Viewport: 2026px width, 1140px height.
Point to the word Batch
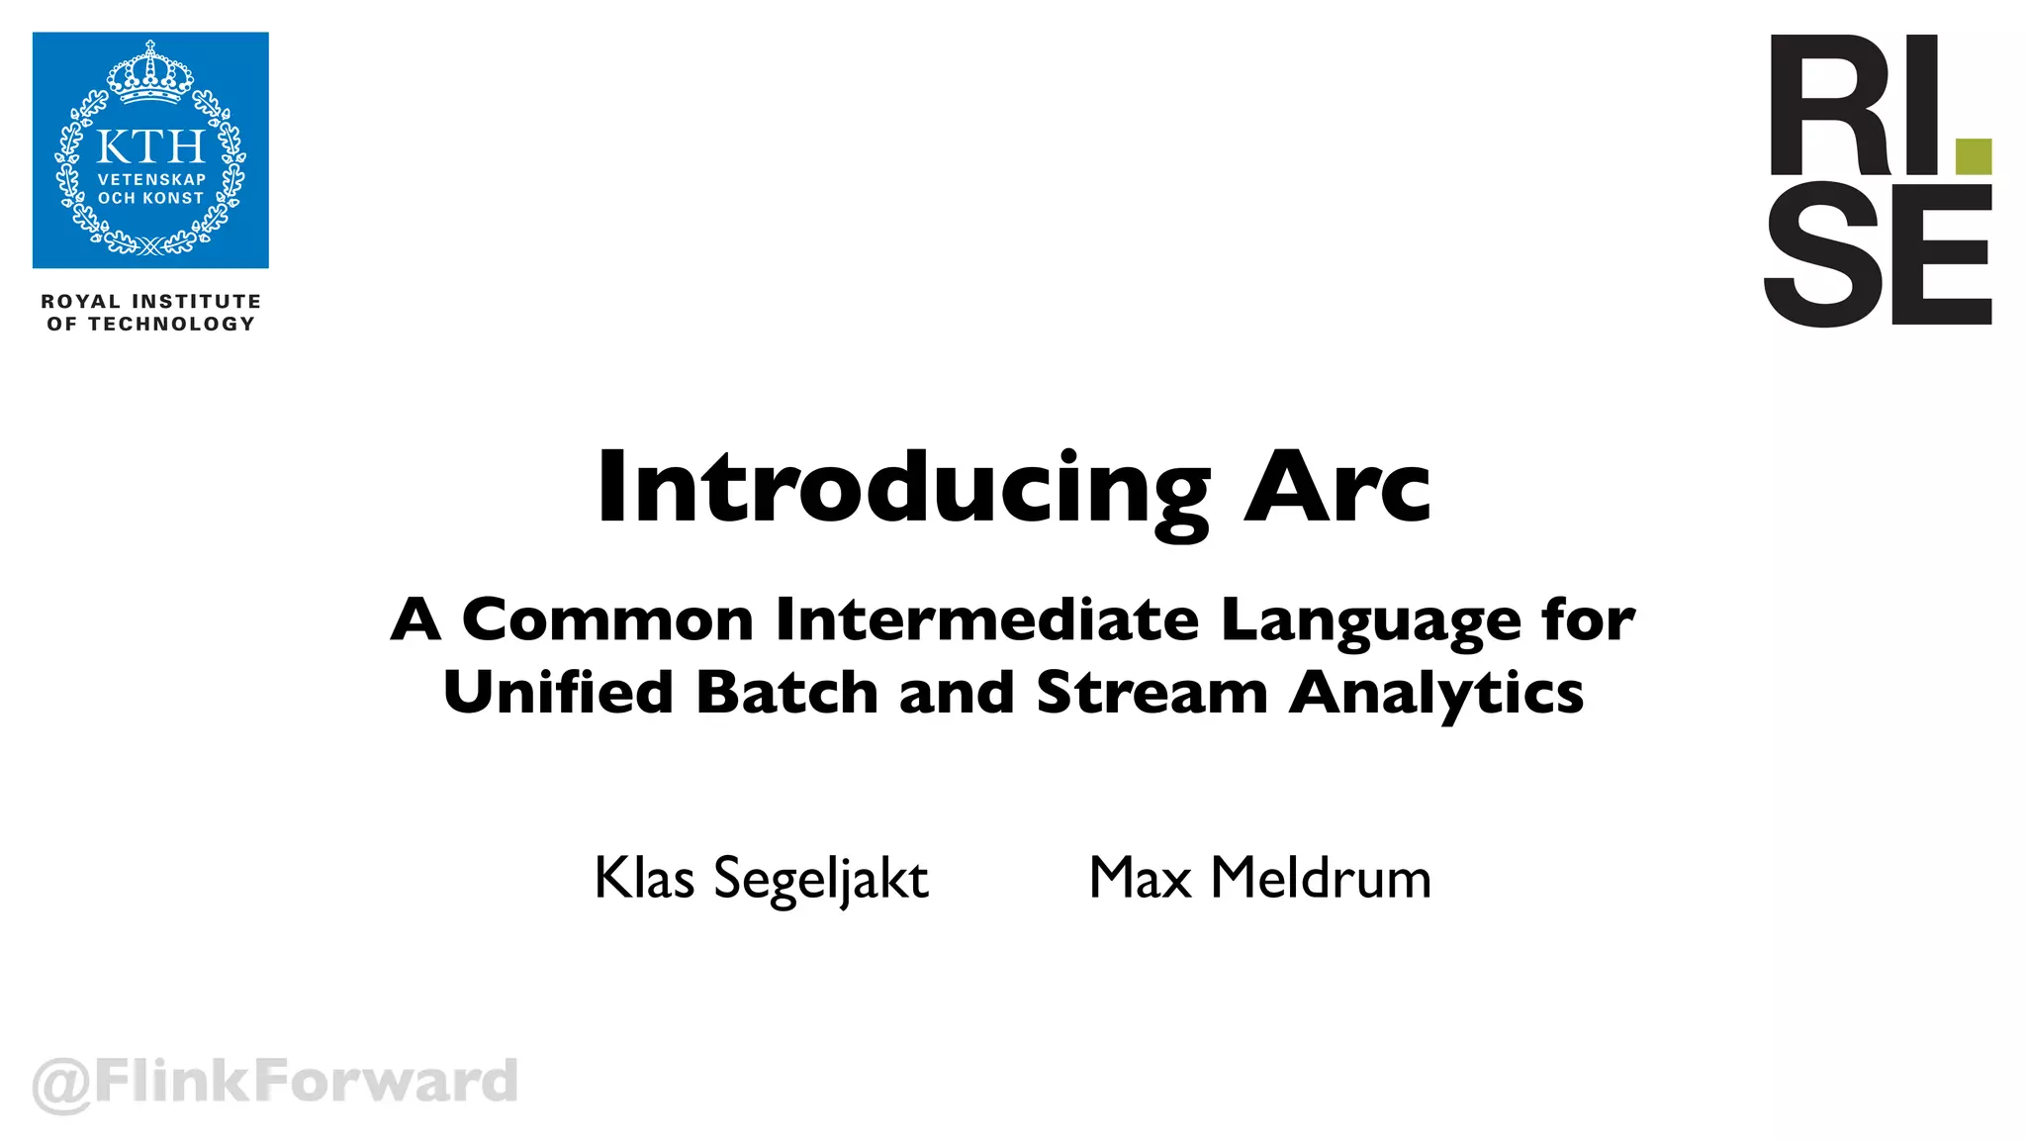[x=786, y=692]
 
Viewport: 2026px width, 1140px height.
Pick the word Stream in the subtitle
[x=1151, y=692]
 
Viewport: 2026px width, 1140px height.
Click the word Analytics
[x=1436, y=694]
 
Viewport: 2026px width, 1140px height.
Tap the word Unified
[x=558, y=692]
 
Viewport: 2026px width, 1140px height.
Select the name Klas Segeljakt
[x=761, y=879]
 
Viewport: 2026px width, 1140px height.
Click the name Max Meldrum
[x=1259, y=878]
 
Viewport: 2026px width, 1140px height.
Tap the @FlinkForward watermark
[x=275, y=1081]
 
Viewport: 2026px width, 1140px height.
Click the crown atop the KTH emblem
[x=150, y=74]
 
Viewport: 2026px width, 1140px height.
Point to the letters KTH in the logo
[x=150, y=147]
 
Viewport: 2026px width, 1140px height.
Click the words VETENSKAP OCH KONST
[x=150, y=189]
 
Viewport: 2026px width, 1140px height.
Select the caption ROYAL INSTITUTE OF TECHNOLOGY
[x=150, y=313]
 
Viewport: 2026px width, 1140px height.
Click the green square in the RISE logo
[x=1974, y=156]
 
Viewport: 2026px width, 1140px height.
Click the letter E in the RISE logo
[x=1941, y=255]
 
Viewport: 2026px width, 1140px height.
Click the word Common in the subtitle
[x=607, y=620]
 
